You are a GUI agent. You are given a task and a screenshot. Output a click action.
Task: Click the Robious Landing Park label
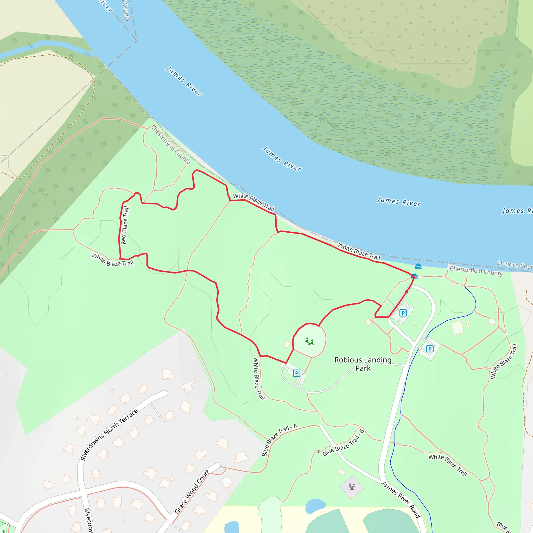click(x=363, y=364)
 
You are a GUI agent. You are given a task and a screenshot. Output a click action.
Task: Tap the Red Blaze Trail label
click(x=125, y=225)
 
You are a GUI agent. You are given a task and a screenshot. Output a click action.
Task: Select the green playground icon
click(x=309, y=341)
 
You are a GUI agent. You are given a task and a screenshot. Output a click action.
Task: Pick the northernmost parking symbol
click(x=403, y=313)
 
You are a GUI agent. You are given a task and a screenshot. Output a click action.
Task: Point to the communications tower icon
click(x=352, y=487)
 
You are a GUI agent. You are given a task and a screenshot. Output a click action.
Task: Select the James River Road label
click(x=400, y=499)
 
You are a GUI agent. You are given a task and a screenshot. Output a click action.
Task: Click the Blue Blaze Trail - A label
click(x=279, y=440)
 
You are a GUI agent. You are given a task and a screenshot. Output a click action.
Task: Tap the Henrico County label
click(x=515, y=265)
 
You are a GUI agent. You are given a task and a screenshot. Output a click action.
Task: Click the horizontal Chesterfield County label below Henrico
click(x=476, y=271)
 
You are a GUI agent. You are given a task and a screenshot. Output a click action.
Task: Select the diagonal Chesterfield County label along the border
click(x=171, y=144)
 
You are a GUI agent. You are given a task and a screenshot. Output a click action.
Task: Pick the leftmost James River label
click(x=184, y=81)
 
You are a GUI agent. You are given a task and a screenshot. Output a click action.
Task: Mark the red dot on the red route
click(x=407, y=291)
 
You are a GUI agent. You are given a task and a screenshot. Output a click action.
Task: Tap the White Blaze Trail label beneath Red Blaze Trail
click(x=112, y=260)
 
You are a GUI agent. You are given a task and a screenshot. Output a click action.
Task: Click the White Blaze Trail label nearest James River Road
click(x=447, y=465)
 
